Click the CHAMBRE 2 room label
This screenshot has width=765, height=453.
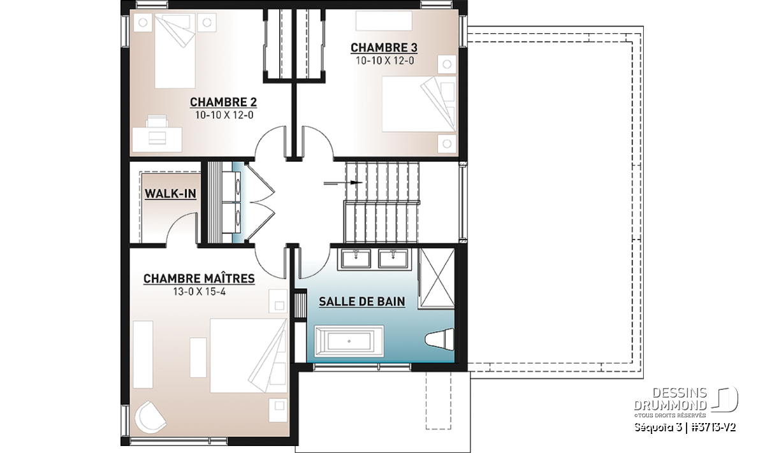(x=223, y=102)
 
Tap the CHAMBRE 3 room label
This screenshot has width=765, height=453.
(x=384, y=48)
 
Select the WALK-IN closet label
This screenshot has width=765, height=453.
(x=170, y=194)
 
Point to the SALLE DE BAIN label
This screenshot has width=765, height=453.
(x=362, y=301)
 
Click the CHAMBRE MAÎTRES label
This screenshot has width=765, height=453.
(x=199, y=278)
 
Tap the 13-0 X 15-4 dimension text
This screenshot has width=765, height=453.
(x=200, y=292)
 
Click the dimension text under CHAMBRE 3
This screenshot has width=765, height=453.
(x=384, y=61)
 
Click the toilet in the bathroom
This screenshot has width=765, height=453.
(x=440, y=339)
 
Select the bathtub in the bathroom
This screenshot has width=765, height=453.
(x=349, y=342)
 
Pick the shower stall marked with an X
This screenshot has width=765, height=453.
(x=437, y=278)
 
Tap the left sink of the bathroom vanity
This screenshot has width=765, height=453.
(x=355, y=259)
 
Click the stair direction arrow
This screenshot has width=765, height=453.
(x=342, y=183)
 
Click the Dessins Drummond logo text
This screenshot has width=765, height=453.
(x=670, y=399)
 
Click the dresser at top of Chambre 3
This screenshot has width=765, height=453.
(x=384, y=21)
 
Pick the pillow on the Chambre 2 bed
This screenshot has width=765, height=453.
(x=175, y=22)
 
